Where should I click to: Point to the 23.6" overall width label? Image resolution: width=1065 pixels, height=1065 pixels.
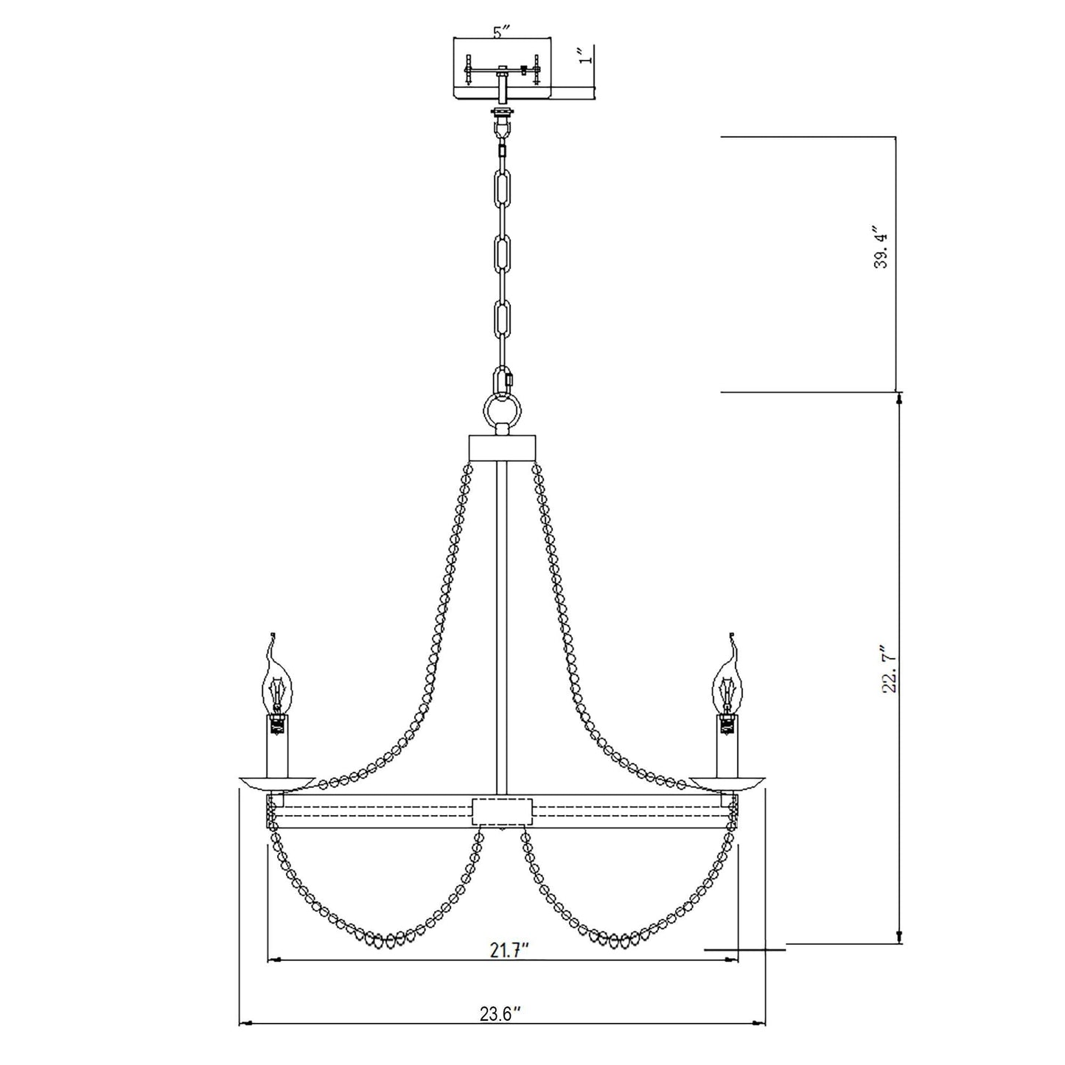(501, 1014)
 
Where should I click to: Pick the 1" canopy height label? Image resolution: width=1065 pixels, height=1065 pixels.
(584, 56)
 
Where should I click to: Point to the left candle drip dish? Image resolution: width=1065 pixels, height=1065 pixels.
(277, 783)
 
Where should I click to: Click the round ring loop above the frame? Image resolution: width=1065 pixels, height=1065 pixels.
(503, 408)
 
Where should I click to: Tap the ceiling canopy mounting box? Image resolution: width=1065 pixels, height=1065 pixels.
(502, 70)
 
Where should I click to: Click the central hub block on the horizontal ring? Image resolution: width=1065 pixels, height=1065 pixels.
(503, 811)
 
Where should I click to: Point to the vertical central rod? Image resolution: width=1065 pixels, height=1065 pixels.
(503, 626)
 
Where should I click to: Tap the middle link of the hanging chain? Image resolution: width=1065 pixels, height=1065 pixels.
(503, 254)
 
